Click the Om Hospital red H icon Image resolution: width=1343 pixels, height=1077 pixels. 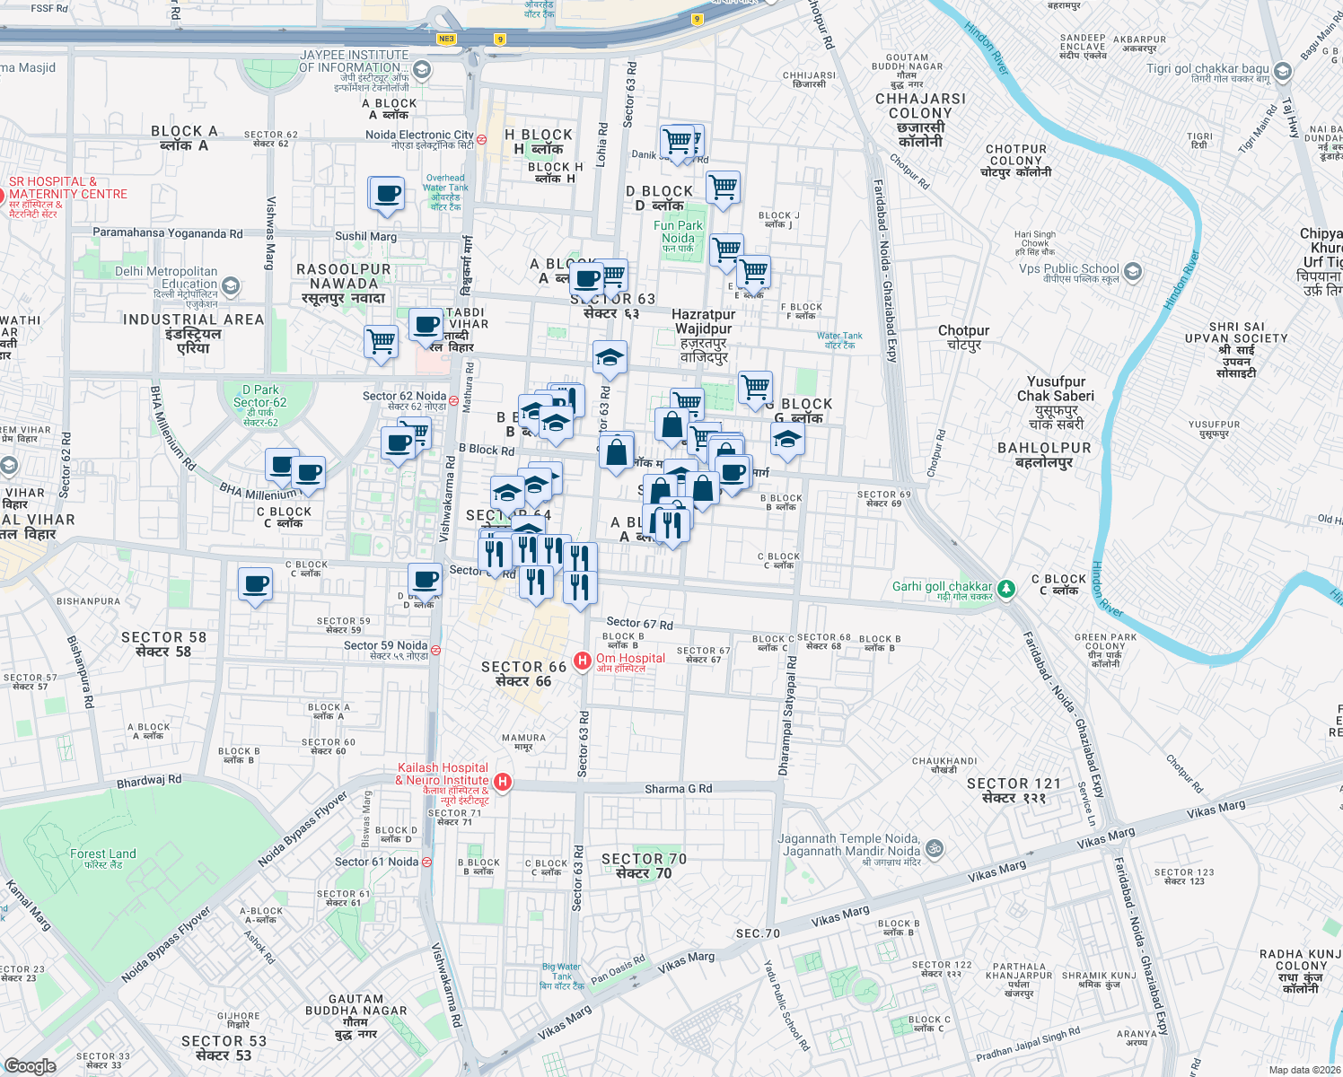pos(582,661)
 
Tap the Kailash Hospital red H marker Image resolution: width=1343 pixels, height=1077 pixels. pos(503,782)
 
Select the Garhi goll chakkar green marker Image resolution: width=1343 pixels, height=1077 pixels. pos(1005,589)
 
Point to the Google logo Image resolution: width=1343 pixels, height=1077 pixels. pos(30,1065)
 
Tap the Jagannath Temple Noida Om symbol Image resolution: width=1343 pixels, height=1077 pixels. pos(934,847)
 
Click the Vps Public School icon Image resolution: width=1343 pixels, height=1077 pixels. pos(1132,271)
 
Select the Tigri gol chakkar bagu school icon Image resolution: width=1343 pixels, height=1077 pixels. pos(1283,72)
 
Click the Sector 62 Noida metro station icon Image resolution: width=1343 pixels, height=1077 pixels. pos(454,400)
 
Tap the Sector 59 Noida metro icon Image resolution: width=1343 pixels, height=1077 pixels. pos(435,651)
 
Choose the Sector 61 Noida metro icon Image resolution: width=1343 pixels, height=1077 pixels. pos(426,862)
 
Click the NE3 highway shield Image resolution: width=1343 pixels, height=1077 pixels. pos(446,39)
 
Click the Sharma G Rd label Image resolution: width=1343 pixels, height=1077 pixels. pos(678,789)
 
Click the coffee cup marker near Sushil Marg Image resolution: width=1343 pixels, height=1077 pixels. pos(388,194)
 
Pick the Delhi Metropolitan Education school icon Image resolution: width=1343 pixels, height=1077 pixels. pos(231,285)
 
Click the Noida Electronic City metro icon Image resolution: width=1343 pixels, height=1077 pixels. pos(481,140)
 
